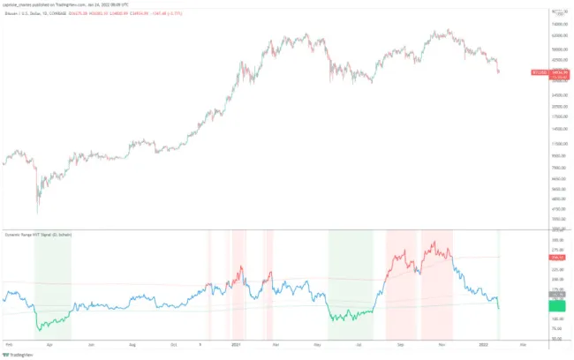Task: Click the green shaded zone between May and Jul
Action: coord(351,282)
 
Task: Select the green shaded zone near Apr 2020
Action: coord(52,282)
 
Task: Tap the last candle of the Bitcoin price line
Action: coord(499,71)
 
